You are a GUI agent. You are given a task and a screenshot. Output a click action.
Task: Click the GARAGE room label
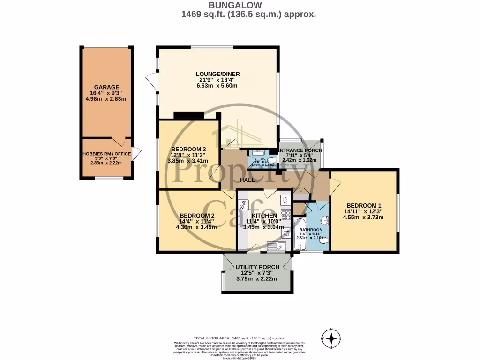coord(106,87)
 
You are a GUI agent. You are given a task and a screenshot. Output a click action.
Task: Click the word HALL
coord(247,180)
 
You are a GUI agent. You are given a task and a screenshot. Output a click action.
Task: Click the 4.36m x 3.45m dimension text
coord(196,227)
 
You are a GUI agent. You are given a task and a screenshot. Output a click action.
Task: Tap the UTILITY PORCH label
coord(257,267)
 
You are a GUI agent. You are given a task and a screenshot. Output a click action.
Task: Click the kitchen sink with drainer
coord(277,245)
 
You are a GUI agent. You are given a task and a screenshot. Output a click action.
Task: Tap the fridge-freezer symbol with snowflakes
coord(243,204)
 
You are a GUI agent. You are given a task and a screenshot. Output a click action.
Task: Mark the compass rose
coord(331,338)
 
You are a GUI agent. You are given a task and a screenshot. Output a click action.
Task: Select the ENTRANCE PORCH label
coord(300,150)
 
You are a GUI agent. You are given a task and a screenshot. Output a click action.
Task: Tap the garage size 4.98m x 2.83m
coord(106,99)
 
